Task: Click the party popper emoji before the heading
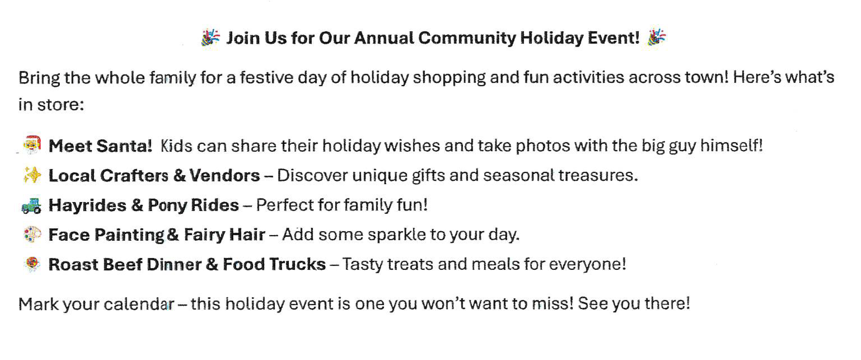[211, 37]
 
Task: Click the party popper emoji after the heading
[656, 37]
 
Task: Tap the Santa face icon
[32, 144]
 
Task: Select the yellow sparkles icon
[32, 175]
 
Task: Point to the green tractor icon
[31, 205]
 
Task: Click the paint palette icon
[33, 234]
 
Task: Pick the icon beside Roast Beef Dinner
[33, 264]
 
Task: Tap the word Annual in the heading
[384, 38]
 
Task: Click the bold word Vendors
[225, 175]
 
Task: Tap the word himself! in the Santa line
[732, 145]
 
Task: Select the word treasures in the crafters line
[598, 175]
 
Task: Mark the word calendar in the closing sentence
[139, 304]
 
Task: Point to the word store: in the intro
[60, 105]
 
